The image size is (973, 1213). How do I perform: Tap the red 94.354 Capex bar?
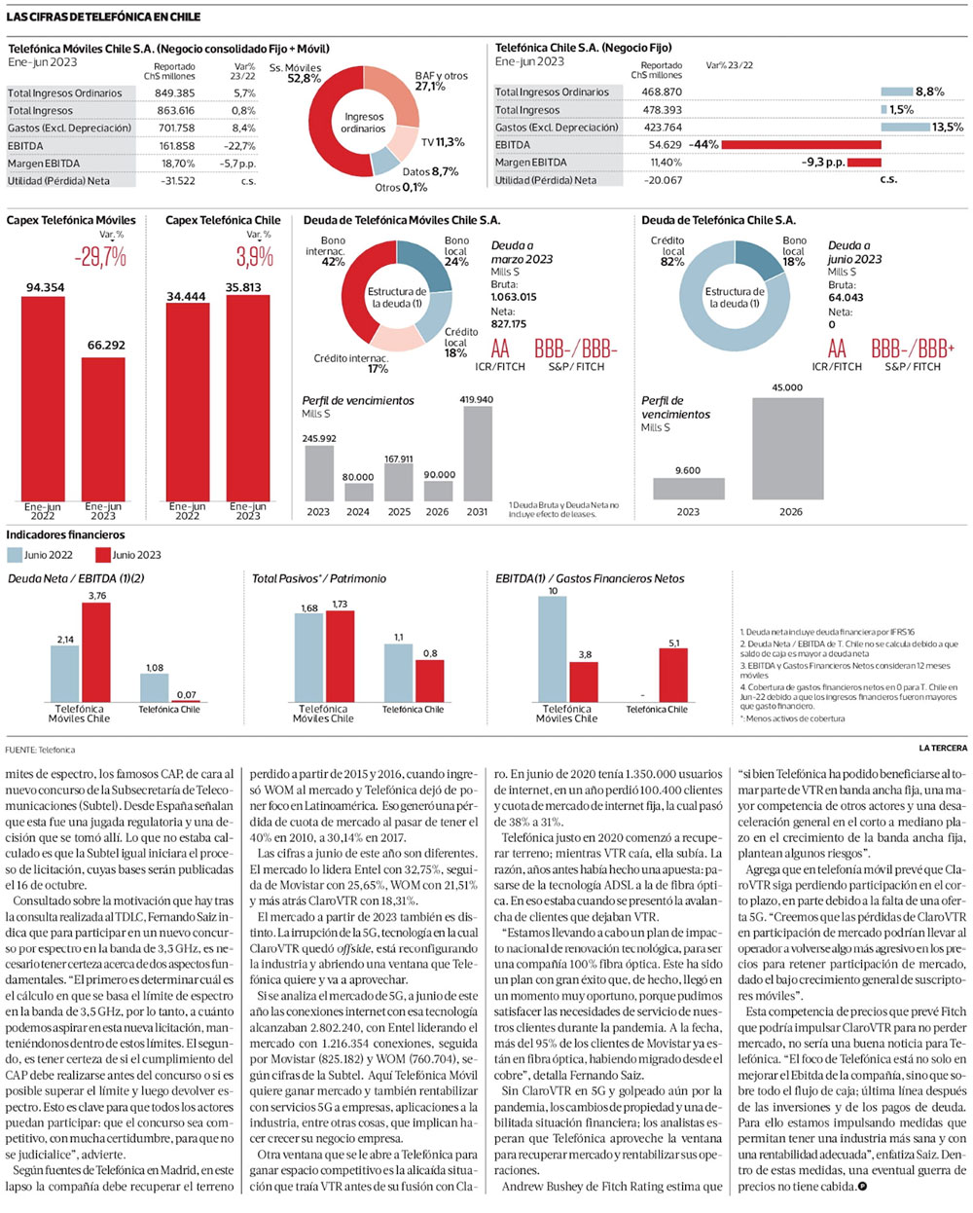[x=43, y=399]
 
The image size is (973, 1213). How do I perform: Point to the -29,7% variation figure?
[x=100, y=257]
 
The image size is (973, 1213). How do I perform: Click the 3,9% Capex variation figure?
[x=255, y=257]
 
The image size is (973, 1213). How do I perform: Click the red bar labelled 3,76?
[x=96, y=651]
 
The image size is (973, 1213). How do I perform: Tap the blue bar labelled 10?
[x=553, y=648]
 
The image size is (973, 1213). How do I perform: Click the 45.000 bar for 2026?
[x=787, y=448]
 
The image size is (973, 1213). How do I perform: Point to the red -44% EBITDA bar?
[x=801, y=145]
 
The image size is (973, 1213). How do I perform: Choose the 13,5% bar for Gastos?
[x=904, y=128]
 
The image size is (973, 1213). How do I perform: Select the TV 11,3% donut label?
[x=442, y=142]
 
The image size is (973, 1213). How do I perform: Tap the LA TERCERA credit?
[x=942, y=748]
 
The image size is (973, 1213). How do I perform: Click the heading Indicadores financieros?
[x=66, y=534]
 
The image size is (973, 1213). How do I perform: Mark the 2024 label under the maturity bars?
[x=358, y=512]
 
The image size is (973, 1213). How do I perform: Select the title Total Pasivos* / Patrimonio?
[x=319, y=578]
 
